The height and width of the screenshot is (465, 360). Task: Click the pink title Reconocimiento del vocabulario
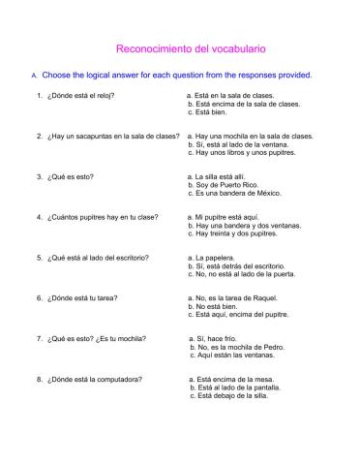191,46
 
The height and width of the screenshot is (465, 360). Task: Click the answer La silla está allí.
228,177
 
